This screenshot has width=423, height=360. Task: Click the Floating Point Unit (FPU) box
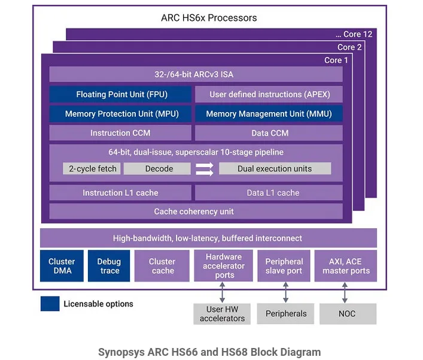point(120,94)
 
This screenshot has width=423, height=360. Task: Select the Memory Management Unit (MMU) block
point(269,114)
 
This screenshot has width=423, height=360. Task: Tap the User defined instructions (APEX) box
point(269,94)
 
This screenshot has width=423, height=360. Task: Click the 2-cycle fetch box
point(92,168)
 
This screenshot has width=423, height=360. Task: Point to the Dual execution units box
point(275,168)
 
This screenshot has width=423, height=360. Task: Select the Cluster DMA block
point(62,266)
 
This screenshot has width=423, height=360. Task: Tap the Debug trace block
point(109,266)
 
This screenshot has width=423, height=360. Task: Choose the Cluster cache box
point(162,266)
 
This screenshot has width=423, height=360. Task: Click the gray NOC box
point(348,314)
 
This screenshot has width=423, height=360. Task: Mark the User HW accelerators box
point(222,314)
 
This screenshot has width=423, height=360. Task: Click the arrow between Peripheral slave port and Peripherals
point(285,292)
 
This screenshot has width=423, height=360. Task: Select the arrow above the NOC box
point(345,292)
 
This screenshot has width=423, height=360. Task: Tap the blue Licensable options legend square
point(50,304)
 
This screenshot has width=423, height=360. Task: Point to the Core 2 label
point(349,47)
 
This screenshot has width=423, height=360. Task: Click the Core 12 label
point(354,34)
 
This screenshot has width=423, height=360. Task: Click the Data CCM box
point(269,133)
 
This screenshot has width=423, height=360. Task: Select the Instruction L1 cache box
point(120,192)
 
